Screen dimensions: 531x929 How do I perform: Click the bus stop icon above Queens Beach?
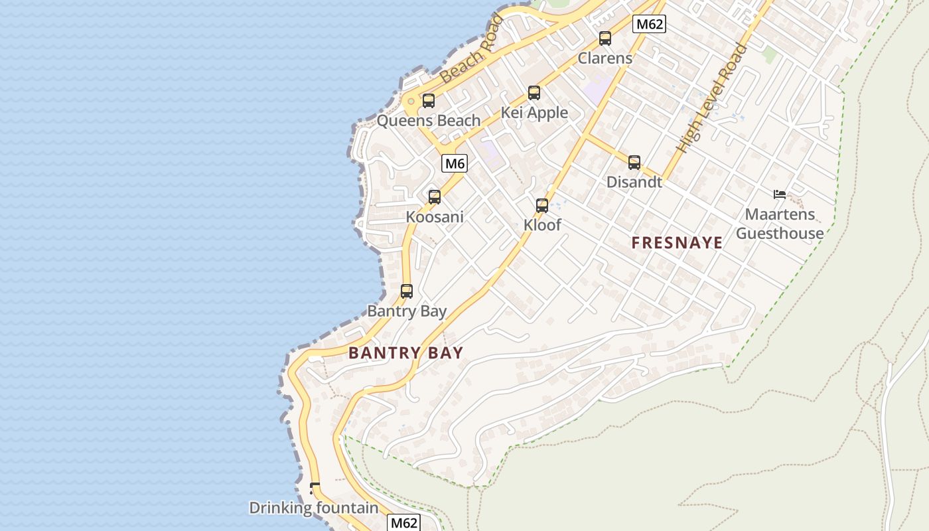point(429,101)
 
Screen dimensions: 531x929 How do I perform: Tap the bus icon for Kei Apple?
point(534,93)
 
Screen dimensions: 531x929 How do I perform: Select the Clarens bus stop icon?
point(605,38)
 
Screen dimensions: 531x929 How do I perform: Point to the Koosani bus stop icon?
point(435,197)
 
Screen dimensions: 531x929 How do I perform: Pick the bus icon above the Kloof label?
point(542,205)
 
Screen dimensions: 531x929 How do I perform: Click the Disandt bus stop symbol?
point(634,162)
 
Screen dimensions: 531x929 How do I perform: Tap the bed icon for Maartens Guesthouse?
point(780,194)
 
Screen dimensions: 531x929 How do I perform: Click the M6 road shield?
point(455,163)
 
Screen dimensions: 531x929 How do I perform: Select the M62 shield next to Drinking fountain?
point(403,522)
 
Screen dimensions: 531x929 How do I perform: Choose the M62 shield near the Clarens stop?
point(648,25)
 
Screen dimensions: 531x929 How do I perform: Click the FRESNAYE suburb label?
point(677,243)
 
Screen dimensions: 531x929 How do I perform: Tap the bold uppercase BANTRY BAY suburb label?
point(405,353)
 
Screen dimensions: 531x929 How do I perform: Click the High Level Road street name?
point(711,98)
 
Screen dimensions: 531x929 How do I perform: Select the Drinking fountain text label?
point(313,508)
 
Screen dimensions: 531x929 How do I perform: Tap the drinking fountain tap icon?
point(315,489)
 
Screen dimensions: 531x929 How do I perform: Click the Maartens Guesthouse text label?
point(780,224)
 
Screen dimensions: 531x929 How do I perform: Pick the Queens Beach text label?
point(429,121)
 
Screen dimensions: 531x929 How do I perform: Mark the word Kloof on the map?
point(542,225)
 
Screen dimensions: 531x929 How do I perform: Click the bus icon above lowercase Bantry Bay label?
point(407,291)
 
